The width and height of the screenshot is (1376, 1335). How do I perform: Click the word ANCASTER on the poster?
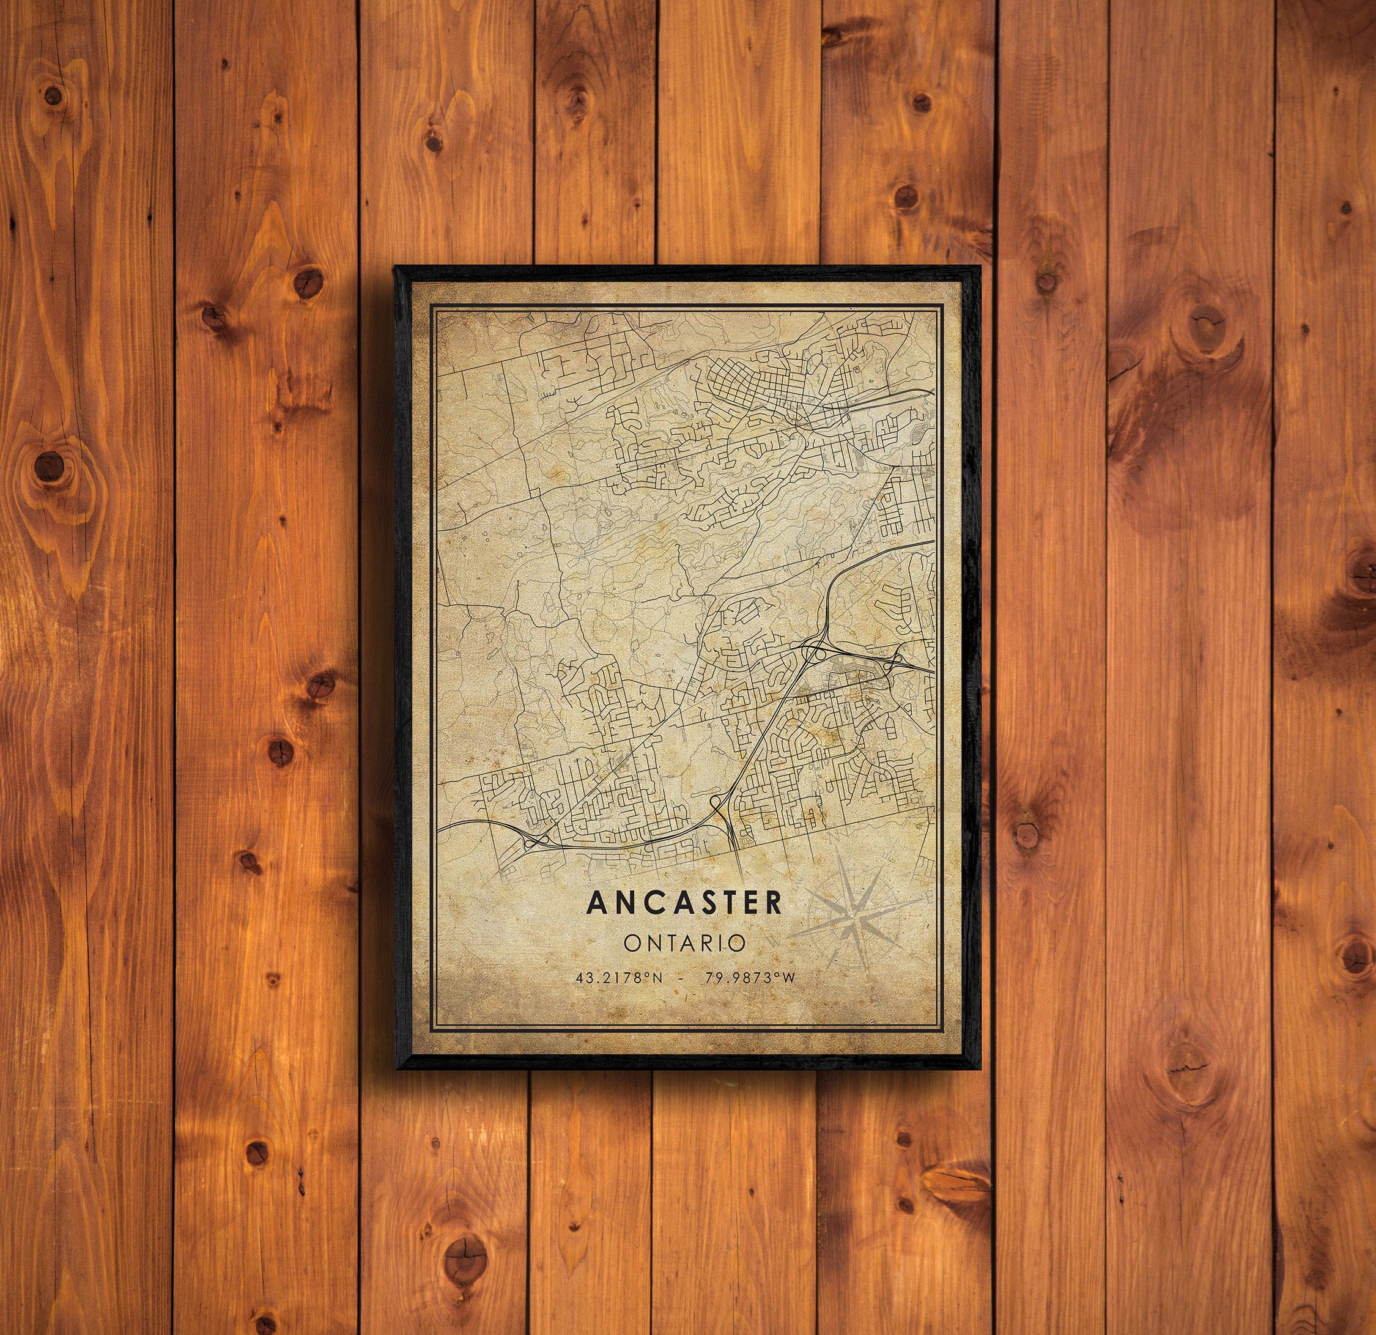click(684, 903)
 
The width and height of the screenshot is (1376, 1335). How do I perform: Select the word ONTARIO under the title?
click(684, 942)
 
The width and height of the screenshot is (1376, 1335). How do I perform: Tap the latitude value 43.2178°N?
click(617, 978)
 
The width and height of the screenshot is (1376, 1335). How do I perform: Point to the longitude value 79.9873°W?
click(750, 978)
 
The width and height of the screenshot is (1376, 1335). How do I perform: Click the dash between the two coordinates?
click(680, 978)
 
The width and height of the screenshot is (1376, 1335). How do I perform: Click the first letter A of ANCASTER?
click(597, 903)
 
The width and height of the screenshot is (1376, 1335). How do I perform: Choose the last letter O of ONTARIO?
click(736, 942)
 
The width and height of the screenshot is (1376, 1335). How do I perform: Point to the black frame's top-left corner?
click(396, 267)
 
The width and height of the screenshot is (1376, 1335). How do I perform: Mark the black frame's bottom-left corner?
click(399, 1068)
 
